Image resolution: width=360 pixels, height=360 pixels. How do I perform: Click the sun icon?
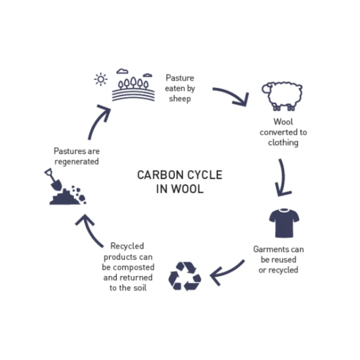pyautogui.click(x=101, y=79)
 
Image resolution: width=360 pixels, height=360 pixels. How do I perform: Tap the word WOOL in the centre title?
pyautogui.click(x=187, y=189)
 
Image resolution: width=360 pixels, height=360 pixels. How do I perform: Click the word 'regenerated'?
pyautogui.click(x=77, y=162)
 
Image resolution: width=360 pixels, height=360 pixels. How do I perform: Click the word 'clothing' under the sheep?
pyautogui.click(x=283, y=143)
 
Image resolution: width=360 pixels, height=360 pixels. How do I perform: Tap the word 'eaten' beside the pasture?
pyautogui.click(x=175, y=88)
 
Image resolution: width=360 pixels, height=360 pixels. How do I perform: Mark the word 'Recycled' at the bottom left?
pyautogui.click(x=127, y=246)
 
